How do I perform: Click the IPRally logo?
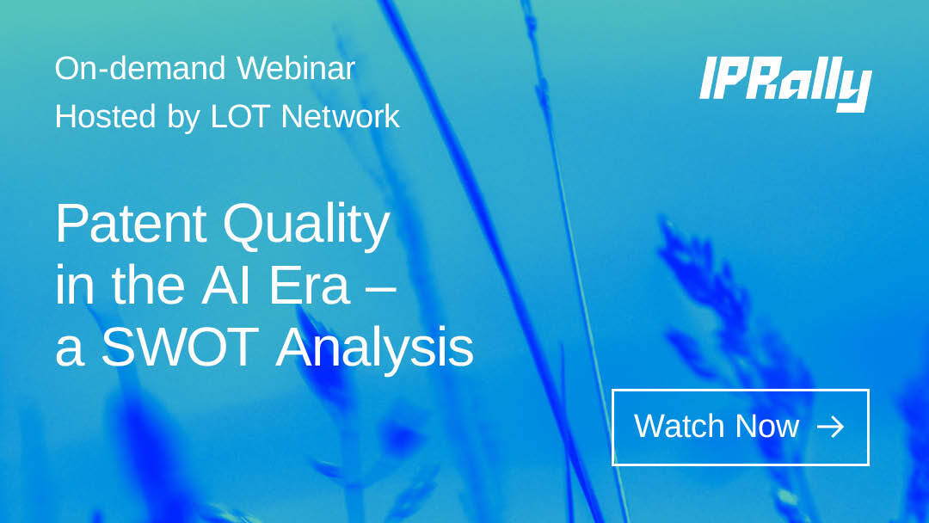coord(785,83)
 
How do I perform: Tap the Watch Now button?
coord(740,427)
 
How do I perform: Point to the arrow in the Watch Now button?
coord(830,427)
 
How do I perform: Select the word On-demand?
coord(141,68)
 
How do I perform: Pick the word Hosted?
coord(106,116)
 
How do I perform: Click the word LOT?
coord(242,116)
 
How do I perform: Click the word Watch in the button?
coord(680,427)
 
